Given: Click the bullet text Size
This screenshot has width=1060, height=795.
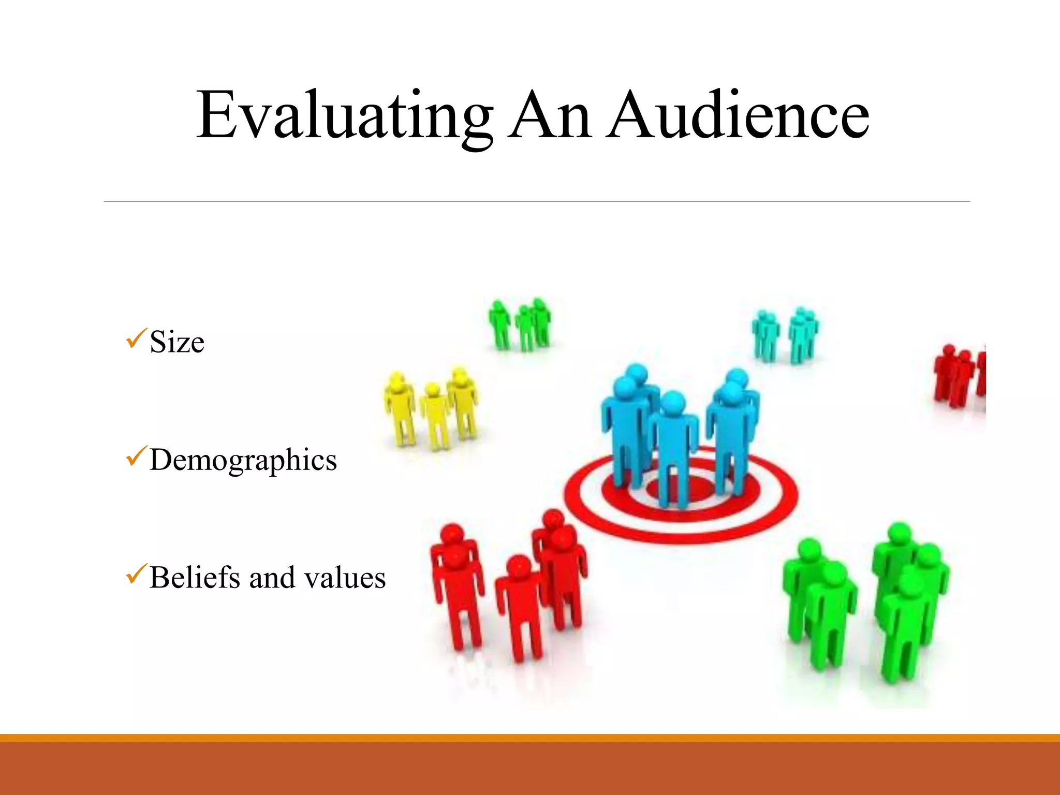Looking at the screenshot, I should coord(176,342).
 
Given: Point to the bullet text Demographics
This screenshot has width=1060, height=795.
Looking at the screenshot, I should coord(243,460).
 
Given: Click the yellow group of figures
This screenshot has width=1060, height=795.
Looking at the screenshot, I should coord(431,409).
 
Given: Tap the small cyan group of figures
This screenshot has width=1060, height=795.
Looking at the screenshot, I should coord(785,334).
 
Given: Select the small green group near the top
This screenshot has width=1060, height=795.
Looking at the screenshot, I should coord(521,325).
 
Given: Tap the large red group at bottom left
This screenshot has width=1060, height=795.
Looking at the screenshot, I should coord(510,585).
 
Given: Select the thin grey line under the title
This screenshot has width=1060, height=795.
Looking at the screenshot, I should coord(536,201).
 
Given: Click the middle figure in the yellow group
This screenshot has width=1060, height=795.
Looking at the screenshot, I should coord(434,414).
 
